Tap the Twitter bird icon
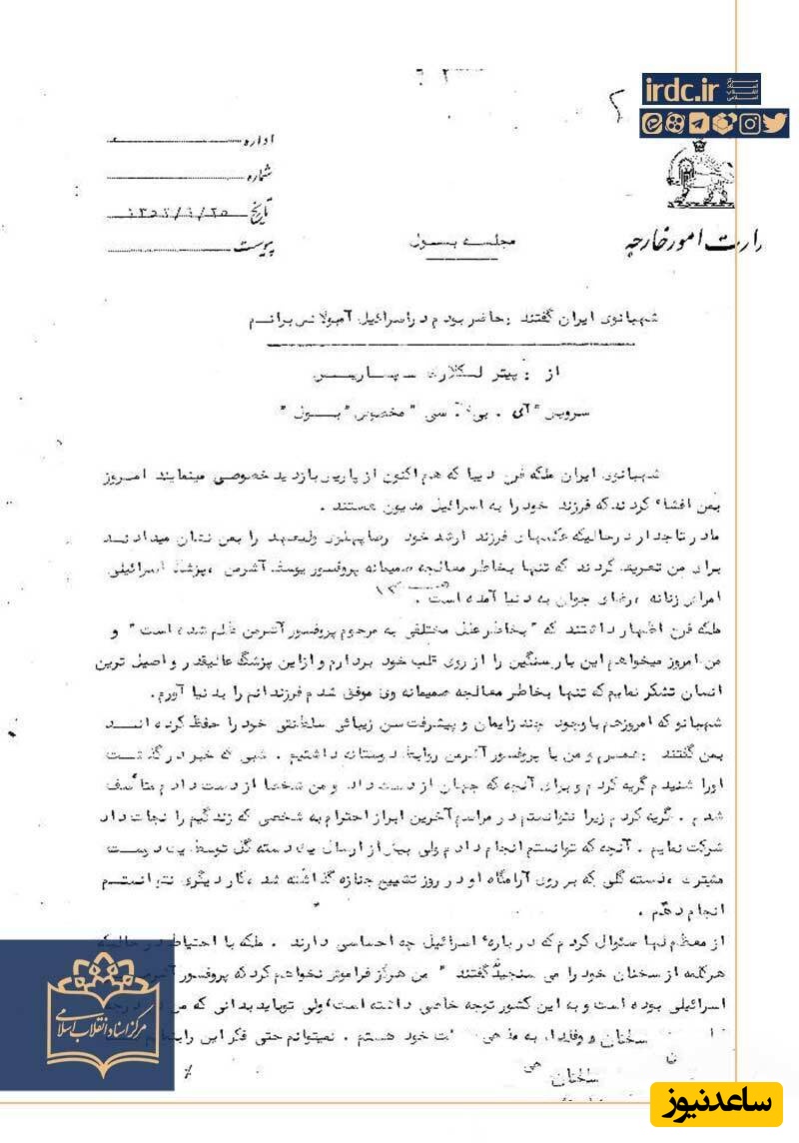pyautogui.click(x=777, y=124)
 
